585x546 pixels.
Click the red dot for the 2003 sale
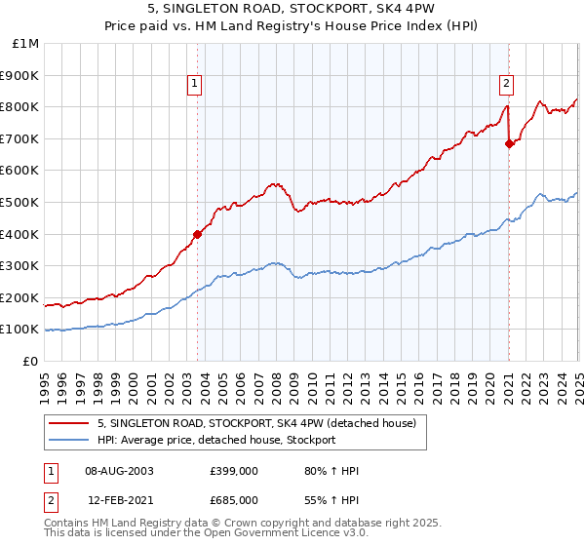(197, 234)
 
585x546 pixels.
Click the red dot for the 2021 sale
(509, 143)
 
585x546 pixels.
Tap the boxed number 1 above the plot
(196, 84)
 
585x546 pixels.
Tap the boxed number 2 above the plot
(508, 84)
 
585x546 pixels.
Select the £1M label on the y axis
(26, 43)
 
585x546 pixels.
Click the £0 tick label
(31, 361)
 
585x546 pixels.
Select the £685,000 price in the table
(234, 499)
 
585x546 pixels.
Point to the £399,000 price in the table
(234, 471)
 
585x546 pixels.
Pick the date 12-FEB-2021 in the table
(119, 499)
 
